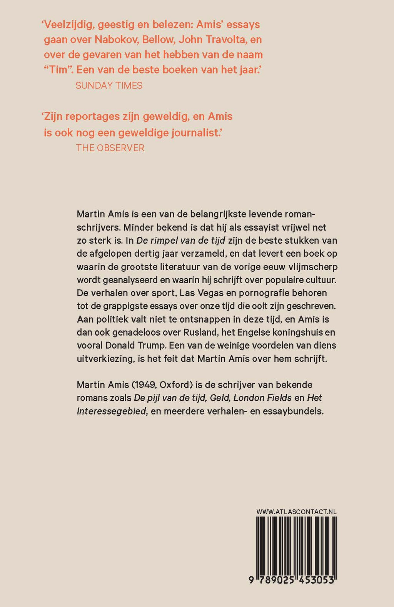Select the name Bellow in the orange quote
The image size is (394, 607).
point(158,40)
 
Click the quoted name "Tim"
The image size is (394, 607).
point(58,70)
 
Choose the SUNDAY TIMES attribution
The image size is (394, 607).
point(109,85)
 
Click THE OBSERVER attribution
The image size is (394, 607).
point(110,148)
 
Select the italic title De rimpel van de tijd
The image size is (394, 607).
point(180,241)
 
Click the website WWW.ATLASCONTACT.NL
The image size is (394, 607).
point(296,512)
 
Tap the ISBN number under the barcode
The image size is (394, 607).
point(291,580)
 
